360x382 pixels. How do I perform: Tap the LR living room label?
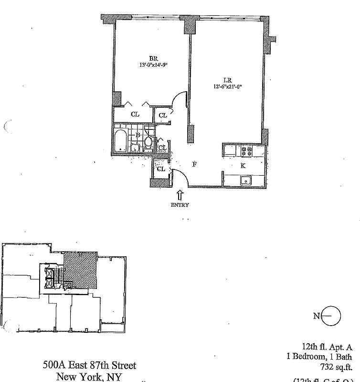pyautogui.click(x=227, y=80)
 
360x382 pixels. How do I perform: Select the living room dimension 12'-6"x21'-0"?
pyautogui.click(x=229, y=87)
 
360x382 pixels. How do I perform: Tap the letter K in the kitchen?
pyautogui.click(x=243, y=166)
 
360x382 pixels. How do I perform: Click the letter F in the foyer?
pyautogui.click(x=194, y=164)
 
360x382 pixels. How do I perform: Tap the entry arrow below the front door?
pyautogui.click(x=180, y=195)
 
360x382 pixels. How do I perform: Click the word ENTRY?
pyautogui.click(x=180, y=205)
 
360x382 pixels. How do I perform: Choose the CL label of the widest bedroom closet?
pyautogui.click(x=135, y=115)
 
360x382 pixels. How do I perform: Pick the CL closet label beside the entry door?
pyautogui.click(x=161, y=169)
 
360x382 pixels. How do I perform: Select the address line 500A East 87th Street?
pyautogui.click(x=90, y=366)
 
